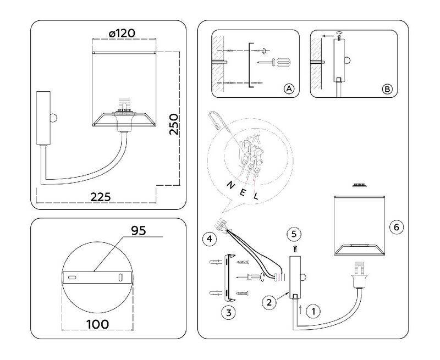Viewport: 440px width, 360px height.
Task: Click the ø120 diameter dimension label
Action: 122,34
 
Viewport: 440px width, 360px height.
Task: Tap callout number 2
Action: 269,301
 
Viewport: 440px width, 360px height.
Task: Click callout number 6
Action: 395,226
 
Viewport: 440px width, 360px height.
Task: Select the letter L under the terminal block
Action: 256,195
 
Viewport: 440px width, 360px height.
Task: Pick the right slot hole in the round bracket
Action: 119,278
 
